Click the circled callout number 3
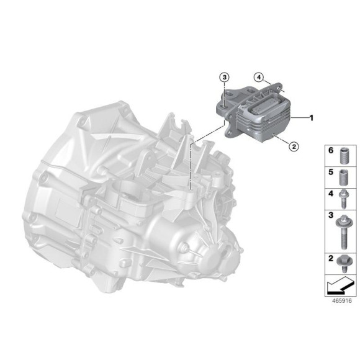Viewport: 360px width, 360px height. click(225, 76)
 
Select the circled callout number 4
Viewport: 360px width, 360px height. click(256, 77)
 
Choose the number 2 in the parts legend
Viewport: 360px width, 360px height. click(331, 257)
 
